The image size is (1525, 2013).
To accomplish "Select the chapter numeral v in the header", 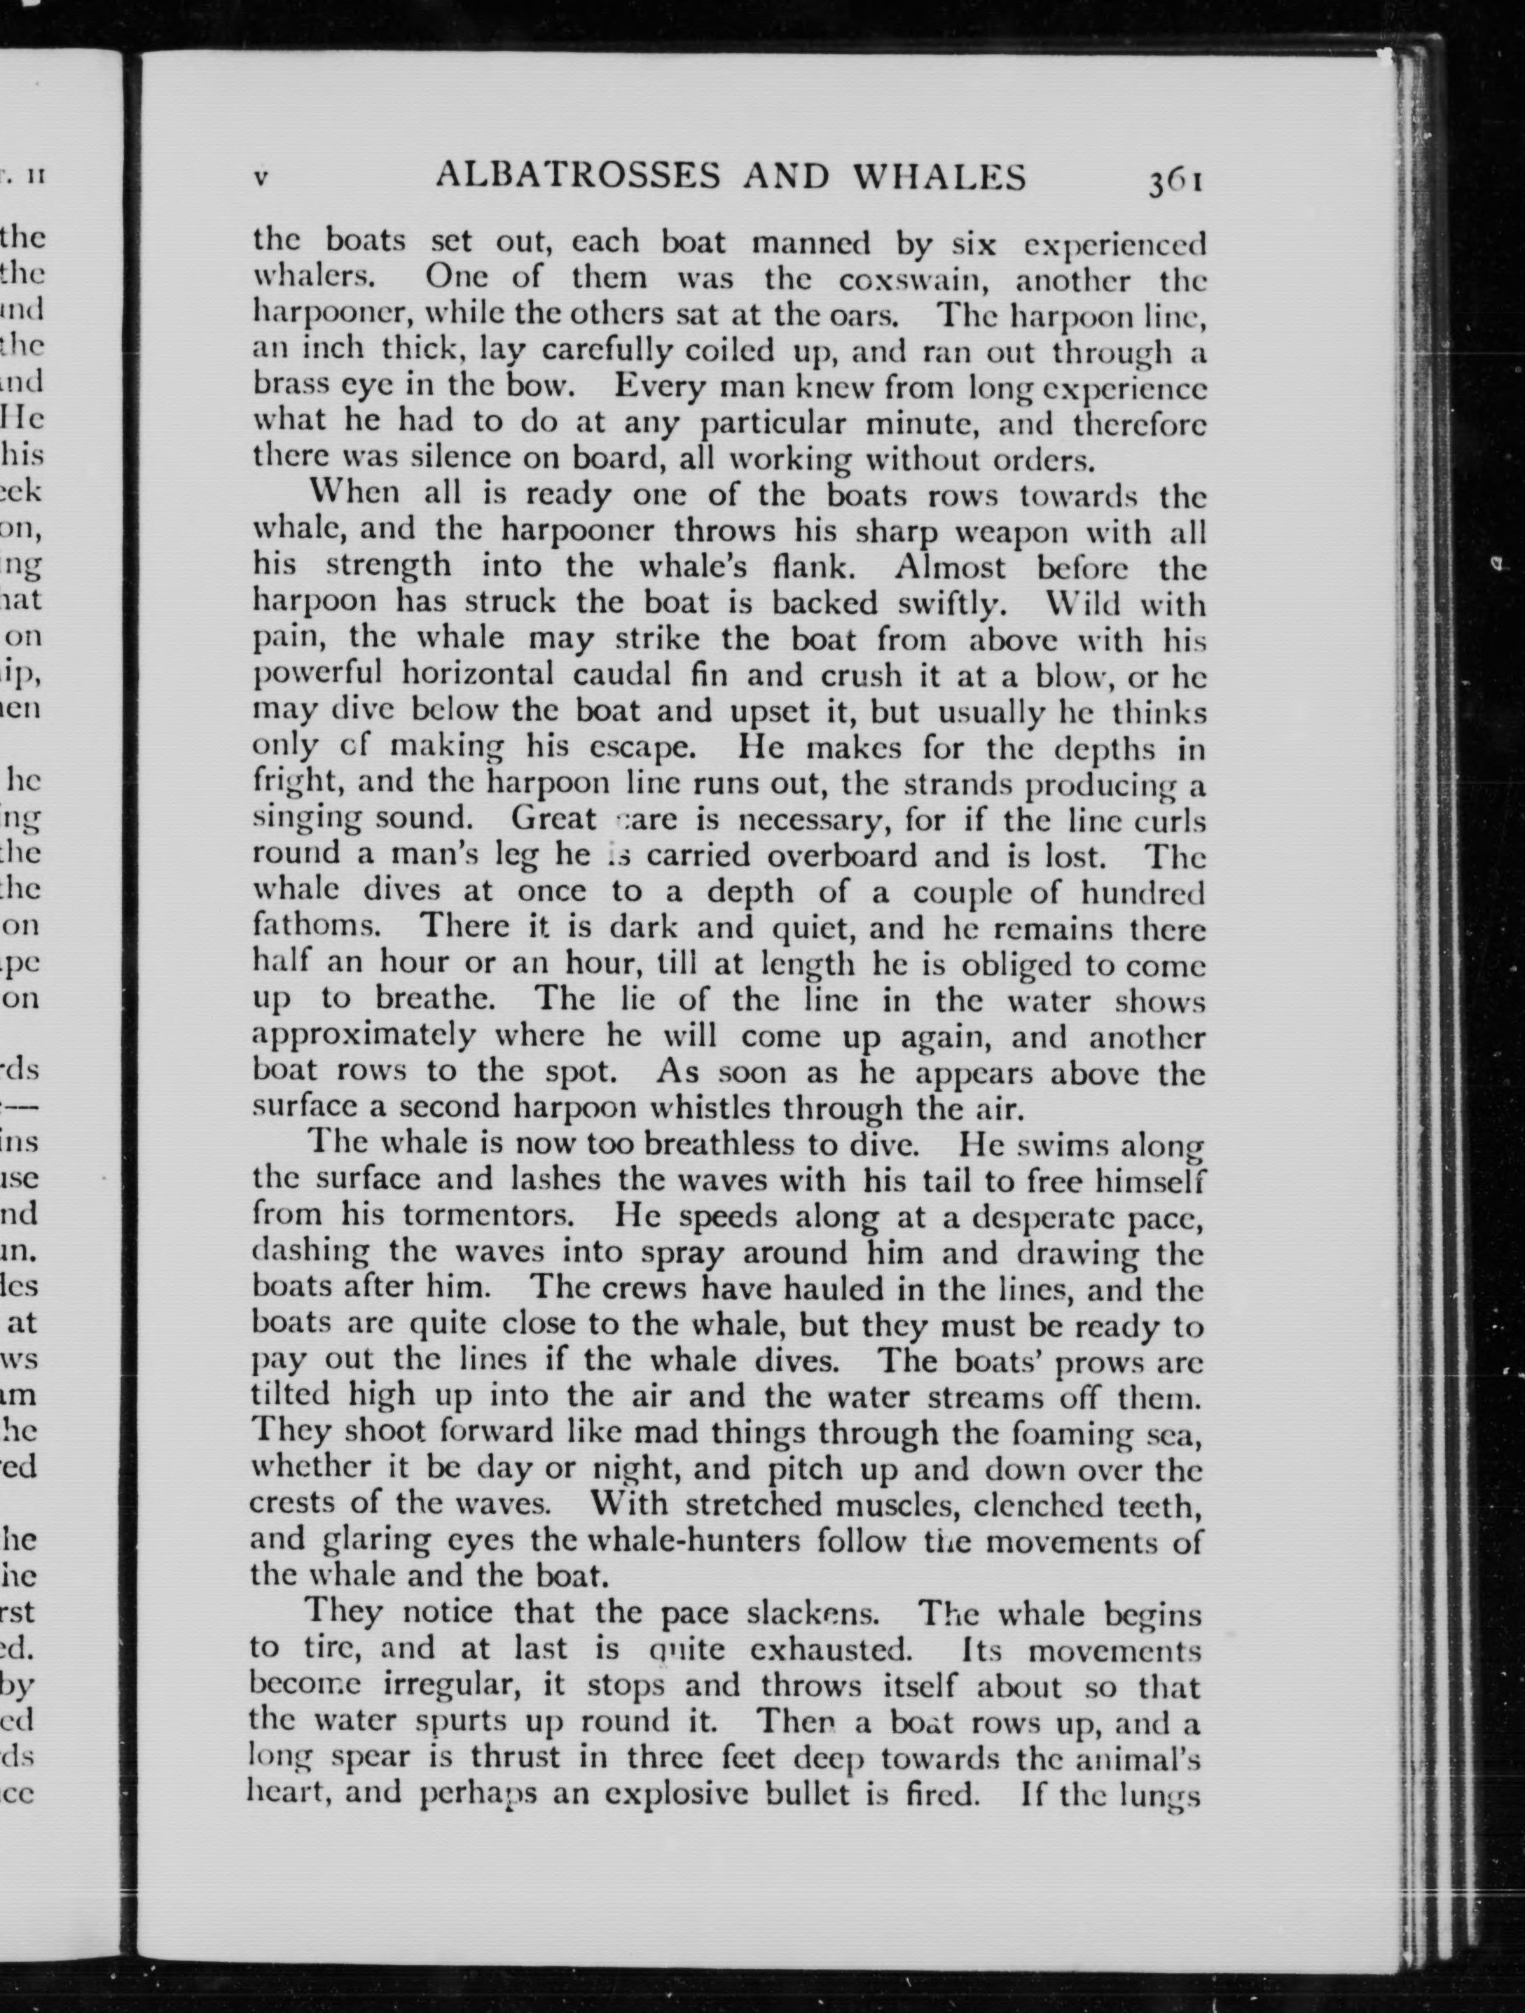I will [261, 179].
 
